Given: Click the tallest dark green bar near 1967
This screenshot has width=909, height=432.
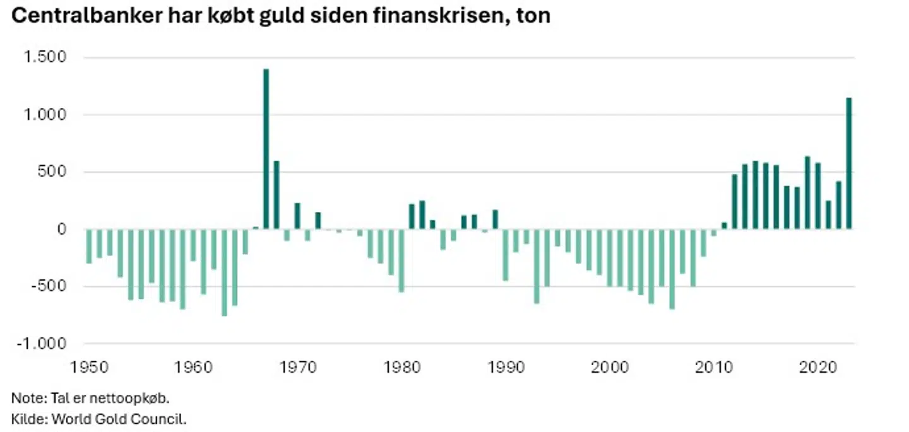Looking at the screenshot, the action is point(266,149).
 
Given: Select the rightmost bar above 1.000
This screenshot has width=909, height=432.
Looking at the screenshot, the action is point(848,164).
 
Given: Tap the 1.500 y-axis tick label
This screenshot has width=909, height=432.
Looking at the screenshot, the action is point(45,57).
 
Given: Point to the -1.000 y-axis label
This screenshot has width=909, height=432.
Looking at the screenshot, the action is point(42,344).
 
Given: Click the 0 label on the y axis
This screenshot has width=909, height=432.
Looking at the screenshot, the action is point(62,230).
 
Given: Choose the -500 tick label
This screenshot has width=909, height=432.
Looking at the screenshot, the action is point(47,286).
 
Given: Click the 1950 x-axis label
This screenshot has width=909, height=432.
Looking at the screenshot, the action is point(89,368).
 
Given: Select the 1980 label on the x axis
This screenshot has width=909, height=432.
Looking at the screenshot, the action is point(402,368).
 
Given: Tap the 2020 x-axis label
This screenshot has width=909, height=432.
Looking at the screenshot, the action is point(818,368).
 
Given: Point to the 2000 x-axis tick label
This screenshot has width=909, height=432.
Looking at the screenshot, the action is point(610,368).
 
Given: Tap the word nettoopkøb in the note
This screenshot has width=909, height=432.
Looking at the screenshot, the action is point(129,399).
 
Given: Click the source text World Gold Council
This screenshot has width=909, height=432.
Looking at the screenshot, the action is point(119,419).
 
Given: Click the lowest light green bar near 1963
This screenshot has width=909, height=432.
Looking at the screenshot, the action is point(225,272).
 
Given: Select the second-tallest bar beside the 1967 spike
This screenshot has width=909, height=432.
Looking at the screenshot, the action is point(276,196).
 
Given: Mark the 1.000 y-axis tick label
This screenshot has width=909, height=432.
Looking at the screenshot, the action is point(45,115).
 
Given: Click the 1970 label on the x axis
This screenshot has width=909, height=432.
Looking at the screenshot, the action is point(298,368).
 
